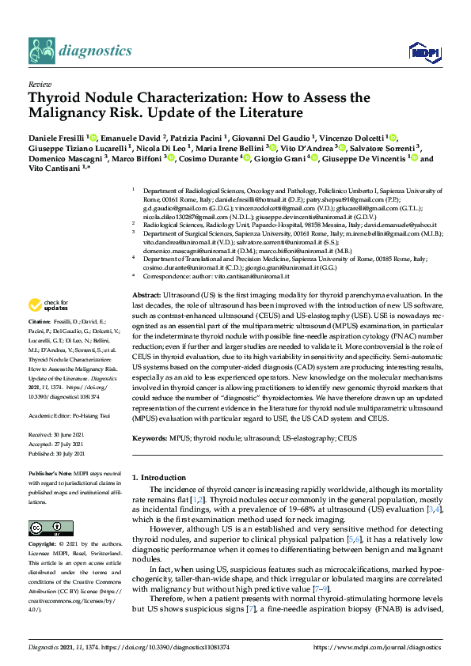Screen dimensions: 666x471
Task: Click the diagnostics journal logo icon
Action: pyautogui.click(x=40, y=51)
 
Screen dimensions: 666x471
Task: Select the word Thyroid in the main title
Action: pyautogui.click(x=56, y=98)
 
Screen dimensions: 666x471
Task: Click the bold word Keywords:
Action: pyautogui.click(x=150, y=437)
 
